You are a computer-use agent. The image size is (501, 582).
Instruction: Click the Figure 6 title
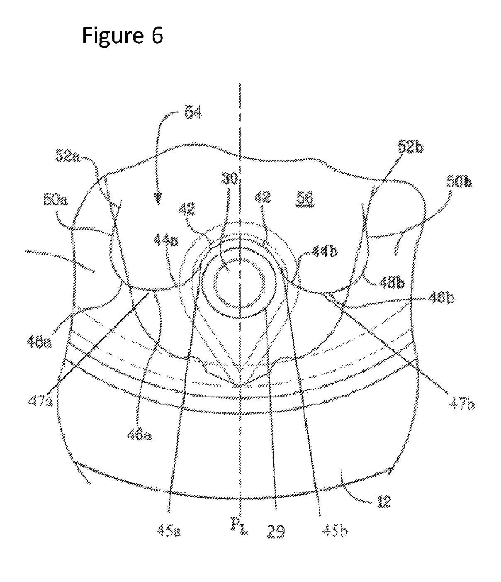pos(122,35)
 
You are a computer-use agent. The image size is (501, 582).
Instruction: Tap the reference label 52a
pos(69,158)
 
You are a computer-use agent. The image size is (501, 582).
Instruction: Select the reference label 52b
pos(411,147)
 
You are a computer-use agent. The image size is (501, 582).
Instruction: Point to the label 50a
pos(54,202)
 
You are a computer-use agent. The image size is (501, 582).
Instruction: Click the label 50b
pos(459,182)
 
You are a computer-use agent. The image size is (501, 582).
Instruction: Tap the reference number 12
pos(383,502)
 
